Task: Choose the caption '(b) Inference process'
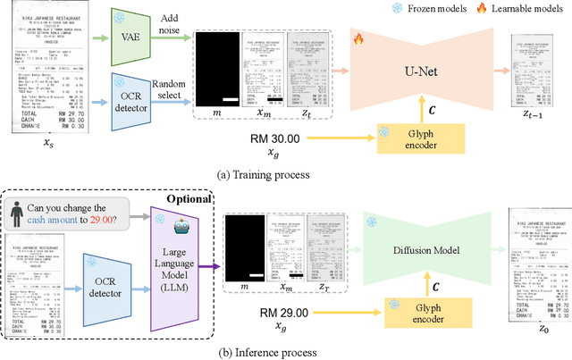coord(266,352)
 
